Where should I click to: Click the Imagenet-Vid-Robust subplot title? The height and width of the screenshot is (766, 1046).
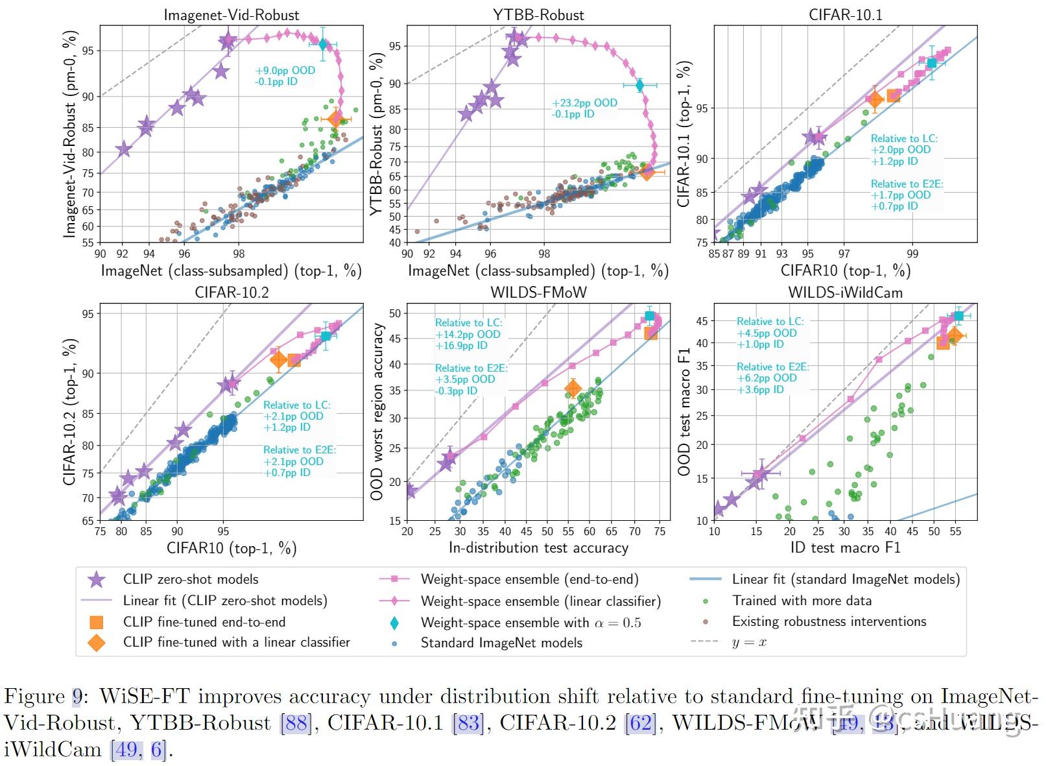[232, 14]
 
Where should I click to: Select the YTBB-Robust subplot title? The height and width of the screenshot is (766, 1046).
[538, 14]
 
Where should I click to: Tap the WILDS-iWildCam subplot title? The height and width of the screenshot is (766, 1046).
[845, 292]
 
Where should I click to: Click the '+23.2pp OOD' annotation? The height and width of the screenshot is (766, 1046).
[584, 102]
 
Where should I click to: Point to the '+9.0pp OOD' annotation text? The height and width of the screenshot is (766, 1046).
[285, 70]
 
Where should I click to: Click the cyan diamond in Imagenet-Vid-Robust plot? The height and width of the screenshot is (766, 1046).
[323, 44]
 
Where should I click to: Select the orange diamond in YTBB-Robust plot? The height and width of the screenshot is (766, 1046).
[647, 172]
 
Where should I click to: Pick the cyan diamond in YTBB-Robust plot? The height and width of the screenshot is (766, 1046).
[640, 85]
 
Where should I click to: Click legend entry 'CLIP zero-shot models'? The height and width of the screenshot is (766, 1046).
[190, 579]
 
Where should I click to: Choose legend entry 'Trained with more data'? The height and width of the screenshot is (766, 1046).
[802, 601]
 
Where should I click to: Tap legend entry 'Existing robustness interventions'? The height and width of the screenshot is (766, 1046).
[829, 621]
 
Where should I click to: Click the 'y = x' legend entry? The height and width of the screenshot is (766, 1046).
[749, 642]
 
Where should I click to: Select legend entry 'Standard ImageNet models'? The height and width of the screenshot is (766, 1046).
[501, 643]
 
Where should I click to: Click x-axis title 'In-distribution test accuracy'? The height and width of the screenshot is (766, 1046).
[538, 548]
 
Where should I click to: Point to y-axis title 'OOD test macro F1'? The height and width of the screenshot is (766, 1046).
[683, 412]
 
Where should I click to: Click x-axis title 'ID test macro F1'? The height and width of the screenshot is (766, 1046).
[845, 548]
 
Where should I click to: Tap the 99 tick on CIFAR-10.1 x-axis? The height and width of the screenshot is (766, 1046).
[912, 254]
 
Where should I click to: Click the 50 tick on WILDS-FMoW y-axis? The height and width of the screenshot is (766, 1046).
[394, 313]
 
